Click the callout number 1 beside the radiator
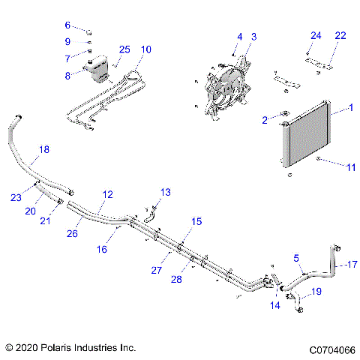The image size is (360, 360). coord(349,109)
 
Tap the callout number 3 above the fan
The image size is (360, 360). coord(253,36)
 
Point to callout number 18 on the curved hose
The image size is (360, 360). coord(44,150)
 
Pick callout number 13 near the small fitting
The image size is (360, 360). coord(166,192)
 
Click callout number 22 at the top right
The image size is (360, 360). coord(340,36)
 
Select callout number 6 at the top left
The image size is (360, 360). coord(67,25)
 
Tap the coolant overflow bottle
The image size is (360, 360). coord(96,68)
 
